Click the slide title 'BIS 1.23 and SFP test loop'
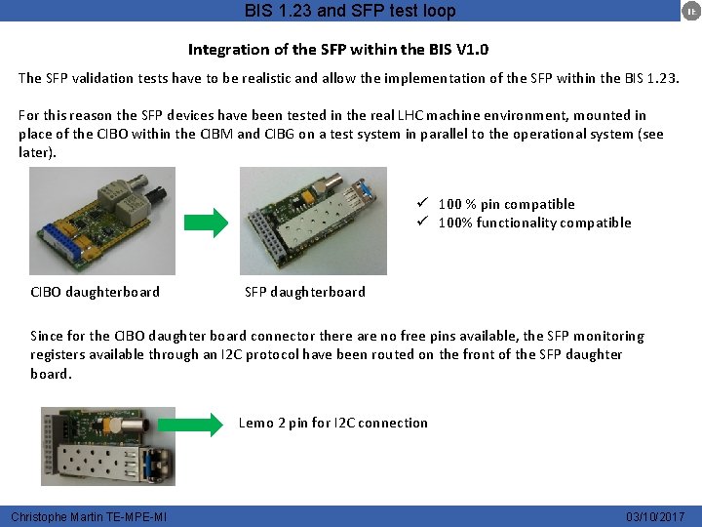[x=350, y=11]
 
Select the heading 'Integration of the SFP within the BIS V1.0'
[x=338, y=49]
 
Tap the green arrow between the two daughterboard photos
[x=207, y=223]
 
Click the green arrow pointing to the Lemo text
[x=190, y=425]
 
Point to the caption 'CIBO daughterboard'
[x=95, y=292]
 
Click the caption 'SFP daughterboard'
[x=305, y=292]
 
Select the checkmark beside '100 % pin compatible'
[x=422, y=203]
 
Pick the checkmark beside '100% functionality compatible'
[x=422, y=221]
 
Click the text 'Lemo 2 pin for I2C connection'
[x=333, y=423]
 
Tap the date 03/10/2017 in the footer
[x=655, y=516]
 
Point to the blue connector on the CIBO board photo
[x=61, y=242]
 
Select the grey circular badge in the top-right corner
[x=691, y=11]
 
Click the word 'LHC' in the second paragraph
[x=410, y=115]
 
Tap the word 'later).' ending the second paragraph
[x=37, y=152]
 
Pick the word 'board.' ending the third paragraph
[x=51, y=373]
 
